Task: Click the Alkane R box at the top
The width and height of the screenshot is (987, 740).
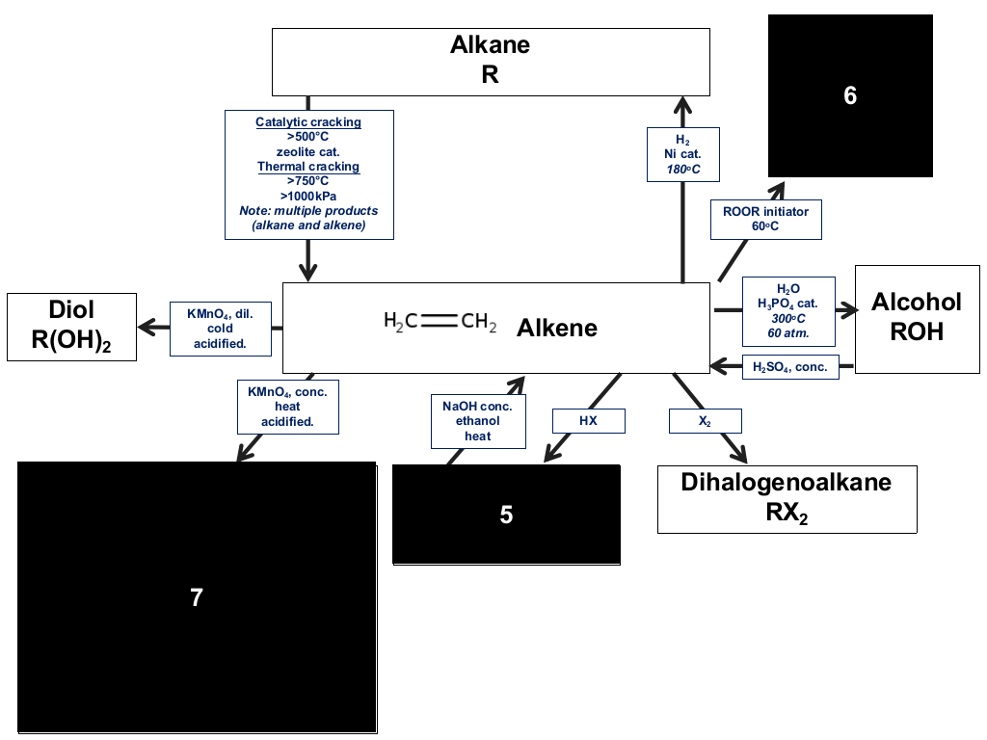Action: point(491,62)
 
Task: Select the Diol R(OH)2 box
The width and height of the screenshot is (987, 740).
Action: point(71,327)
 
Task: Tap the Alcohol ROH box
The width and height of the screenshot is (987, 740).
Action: point(918,319)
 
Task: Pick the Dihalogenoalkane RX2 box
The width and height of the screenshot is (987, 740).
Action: point(787,499)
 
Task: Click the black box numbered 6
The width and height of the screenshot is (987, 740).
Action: point(850,95)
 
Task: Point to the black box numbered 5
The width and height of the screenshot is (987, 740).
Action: point(506,515)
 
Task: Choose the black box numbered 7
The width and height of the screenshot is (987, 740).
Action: point(197,597)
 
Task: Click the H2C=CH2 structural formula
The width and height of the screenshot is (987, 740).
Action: point(440,322)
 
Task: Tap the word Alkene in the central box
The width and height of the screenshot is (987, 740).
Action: point(557,328)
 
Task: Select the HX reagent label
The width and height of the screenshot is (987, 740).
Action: point(589,420)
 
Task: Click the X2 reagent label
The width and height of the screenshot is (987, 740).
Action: point(705,420)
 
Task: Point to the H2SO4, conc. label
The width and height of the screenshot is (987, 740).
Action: point(790,367)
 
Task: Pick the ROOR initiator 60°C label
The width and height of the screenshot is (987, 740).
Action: point(766,219)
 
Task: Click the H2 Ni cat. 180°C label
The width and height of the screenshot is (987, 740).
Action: point(683,154)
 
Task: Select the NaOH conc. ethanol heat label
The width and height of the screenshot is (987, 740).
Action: point(478,421)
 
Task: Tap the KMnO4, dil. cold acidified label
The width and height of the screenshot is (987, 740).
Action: point(221,329)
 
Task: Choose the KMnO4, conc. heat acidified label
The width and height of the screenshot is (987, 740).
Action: point(287,407)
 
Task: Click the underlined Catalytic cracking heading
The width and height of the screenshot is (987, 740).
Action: point(308,122)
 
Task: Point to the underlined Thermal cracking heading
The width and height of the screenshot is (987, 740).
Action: point(308,166)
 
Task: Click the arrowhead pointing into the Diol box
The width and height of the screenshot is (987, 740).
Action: point(147,328)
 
